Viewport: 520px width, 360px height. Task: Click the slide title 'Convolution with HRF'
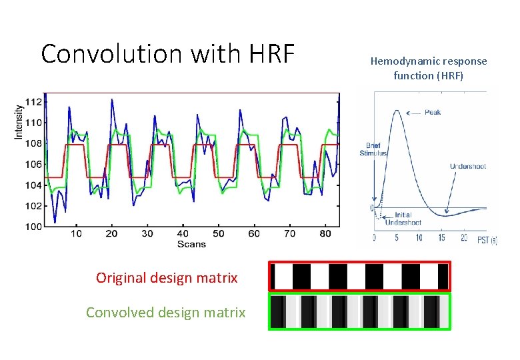click(x=167, y=53)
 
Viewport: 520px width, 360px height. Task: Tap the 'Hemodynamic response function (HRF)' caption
click(x=429, y=68)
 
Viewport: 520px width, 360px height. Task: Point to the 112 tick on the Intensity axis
click(x=34, y=102)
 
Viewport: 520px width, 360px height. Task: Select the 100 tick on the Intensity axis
click(x=34, y=227)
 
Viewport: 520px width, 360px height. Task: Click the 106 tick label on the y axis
click(x=34, y=164)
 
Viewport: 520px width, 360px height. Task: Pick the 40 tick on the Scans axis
click(x=183, y=234)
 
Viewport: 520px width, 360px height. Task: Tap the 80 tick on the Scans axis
click(x=325, y=234)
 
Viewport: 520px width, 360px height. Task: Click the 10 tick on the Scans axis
click(x=76, y=234)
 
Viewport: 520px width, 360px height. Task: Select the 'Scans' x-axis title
click(x=191, y=244)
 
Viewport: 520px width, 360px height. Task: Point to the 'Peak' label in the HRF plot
click(x=432, y=113)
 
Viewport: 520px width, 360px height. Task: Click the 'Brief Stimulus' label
click(x=373, y=149)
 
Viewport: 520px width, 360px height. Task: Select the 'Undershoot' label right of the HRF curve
click(x=467, y=166)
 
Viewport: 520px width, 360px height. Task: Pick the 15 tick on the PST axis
click(x=441, y=238)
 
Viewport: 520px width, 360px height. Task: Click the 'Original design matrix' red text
click(x=167, y=278)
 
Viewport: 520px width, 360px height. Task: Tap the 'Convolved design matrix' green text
click(x=165, y=312)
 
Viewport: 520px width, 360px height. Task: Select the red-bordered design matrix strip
click(x=360, y=276)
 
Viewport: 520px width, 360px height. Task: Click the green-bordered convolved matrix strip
click(x=360, y=311)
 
